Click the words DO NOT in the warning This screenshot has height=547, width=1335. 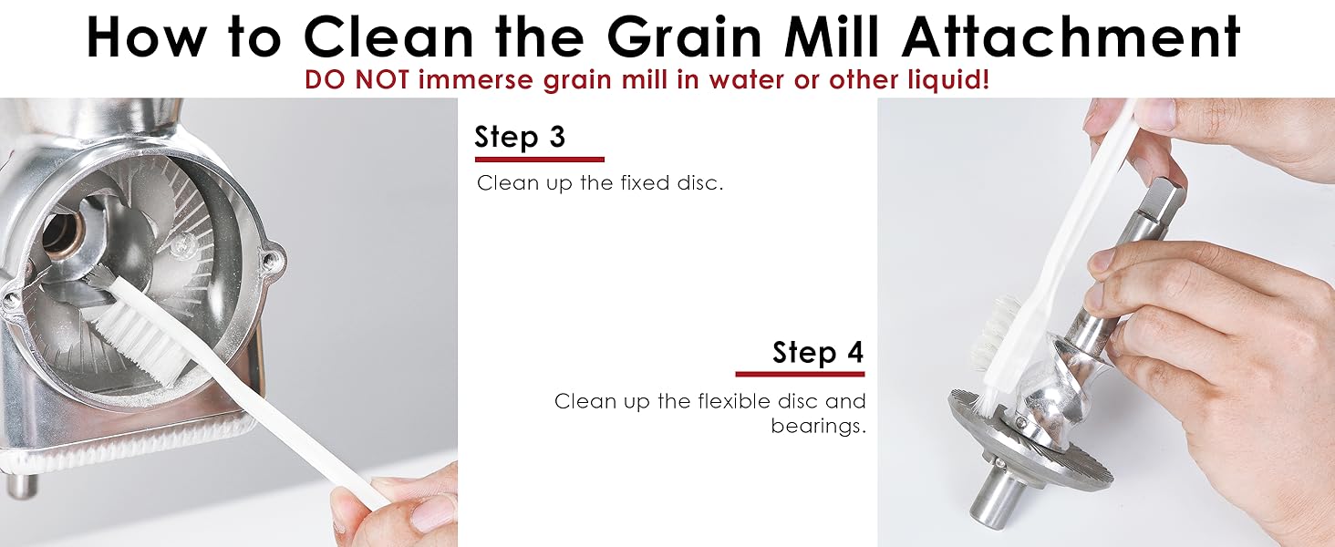coord(357,80)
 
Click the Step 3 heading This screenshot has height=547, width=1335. coord(520,137)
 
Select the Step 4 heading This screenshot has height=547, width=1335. coord(818,352)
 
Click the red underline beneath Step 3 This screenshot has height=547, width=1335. coord(539,160)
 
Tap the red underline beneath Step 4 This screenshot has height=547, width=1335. coord(800,374)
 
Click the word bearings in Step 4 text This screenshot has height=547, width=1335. coord(818,426)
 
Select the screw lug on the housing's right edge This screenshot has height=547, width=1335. coord(270,263)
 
